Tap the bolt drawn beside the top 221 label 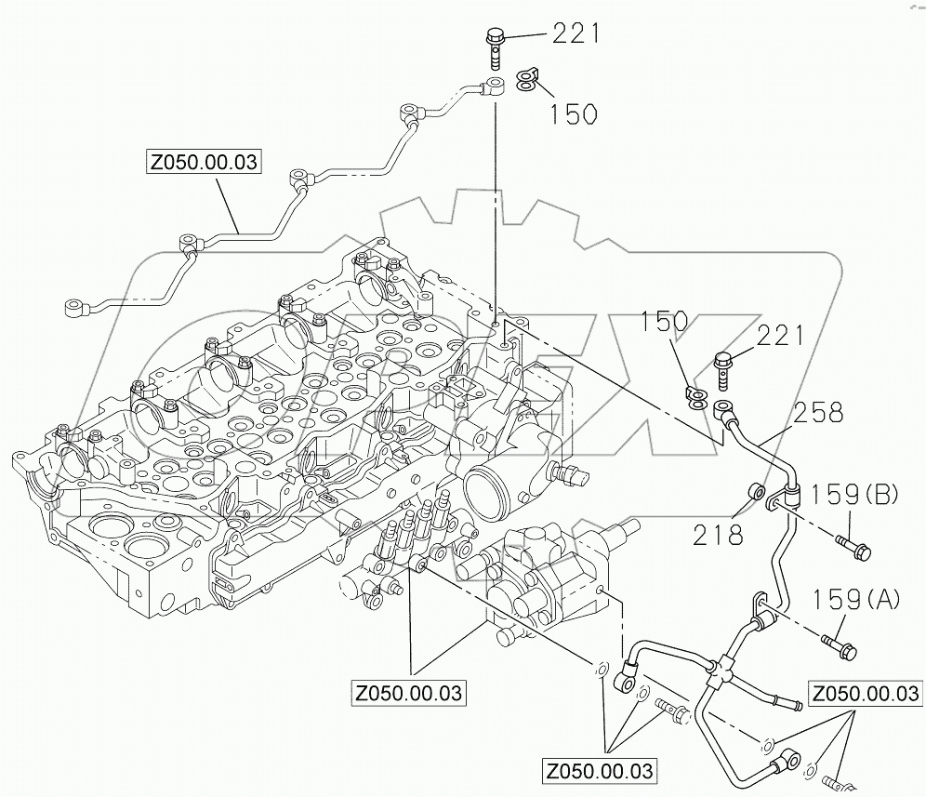tap(494, 46)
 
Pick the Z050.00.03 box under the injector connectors tap(408, 694)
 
